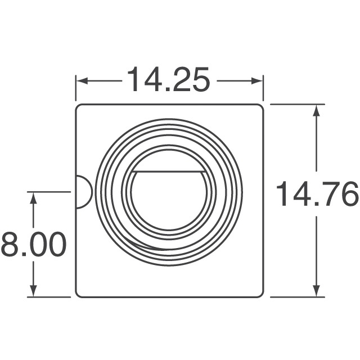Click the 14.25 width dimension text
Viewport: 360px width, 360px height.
(169, 80)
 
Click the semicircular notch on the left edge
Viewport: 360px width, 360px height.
(83, 192)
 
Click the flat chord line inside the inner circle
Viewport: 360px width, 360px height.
(169, 170)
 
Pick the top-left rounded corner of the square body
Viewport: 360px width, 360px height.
(79, 107)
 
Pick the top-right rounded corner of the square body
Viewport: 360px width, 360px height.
(260, 107)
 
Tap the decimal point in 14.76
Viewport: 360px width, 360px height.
(317, 205)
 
